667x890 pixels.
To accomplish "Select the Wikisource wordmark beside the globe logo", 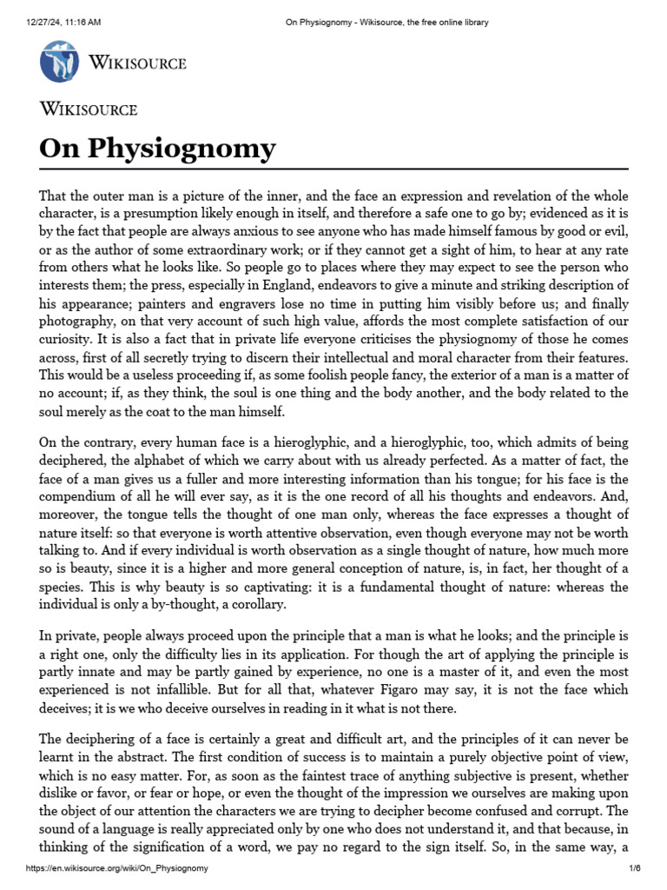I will click(x=137, y=63).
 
